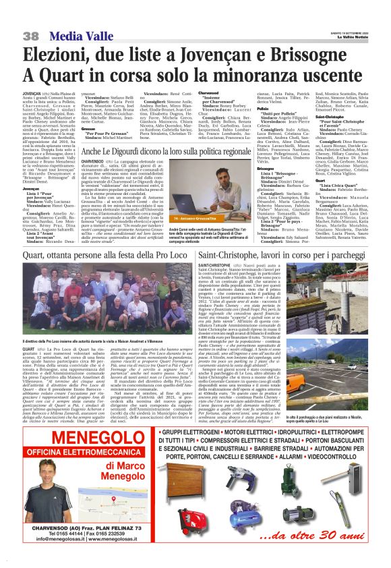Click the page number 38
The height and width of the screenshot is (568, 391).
(30, 35)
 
